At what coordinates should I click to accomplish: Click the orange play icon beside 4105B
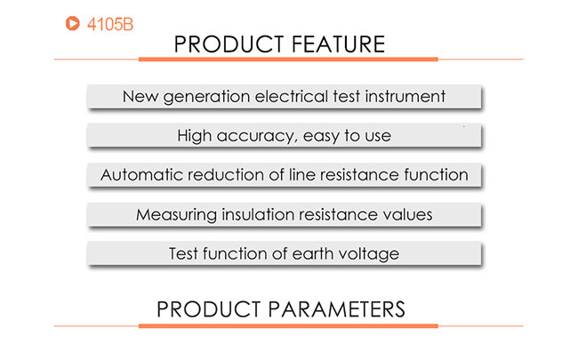click(x=72, y=23)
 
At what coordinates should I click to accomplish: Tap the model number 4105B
click(x=110, y=24)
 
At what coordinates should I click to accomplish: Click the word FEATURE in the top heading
click(x=338, y=44)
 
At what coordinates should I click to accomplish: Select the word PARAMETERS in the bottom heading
click(x=336, y=309)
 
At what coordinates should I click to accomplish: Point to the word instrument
click(x=405, y=97)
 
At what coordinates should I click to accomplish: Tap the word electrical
click(x=291, y=97)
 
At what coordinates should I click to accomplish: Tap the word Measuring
click(x=176, y=215)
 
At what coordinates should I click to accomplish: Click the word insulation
click(x=257, y=214)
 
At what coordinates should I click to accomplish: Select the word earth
click(x=313, y=254)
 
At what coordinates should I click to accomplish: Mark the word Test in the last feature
click(x=183, y=254)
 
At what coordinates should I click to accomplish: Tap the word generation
click(x=206, y=97)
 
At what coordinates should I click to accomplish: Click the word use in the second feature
click(x=378, y=137)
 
